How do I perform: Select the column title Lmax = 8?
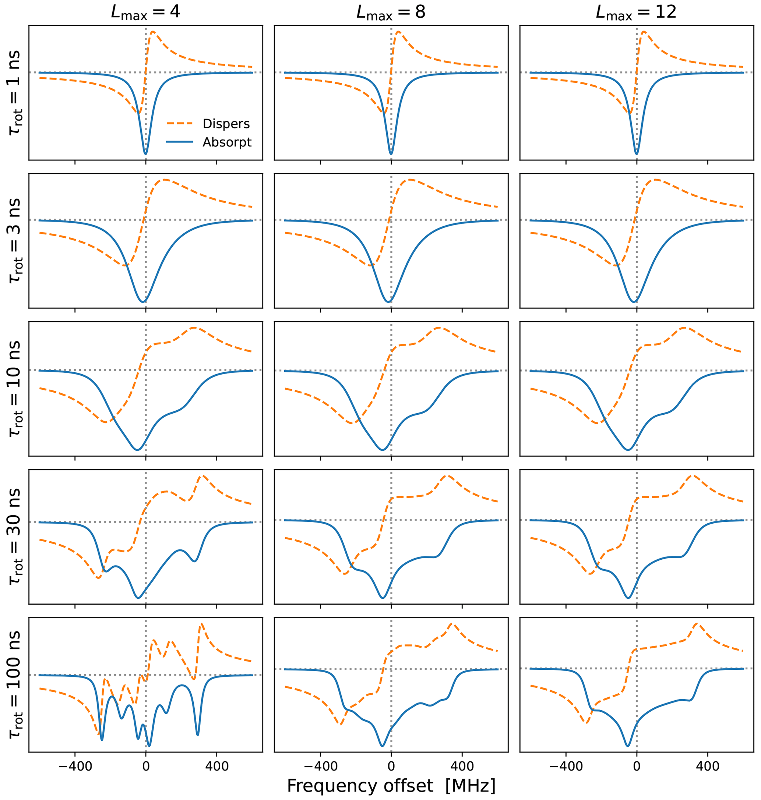click(391, 12)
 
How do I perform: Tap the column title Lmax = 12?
click(636, 12)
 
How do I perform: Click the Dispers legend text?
click(226, 124)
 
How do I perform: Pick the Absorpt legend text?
click(227, 142)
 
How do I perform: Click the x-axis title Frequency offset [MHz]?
click(391, 785)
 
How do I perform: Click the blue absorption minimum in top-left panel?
click(146, 154)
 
